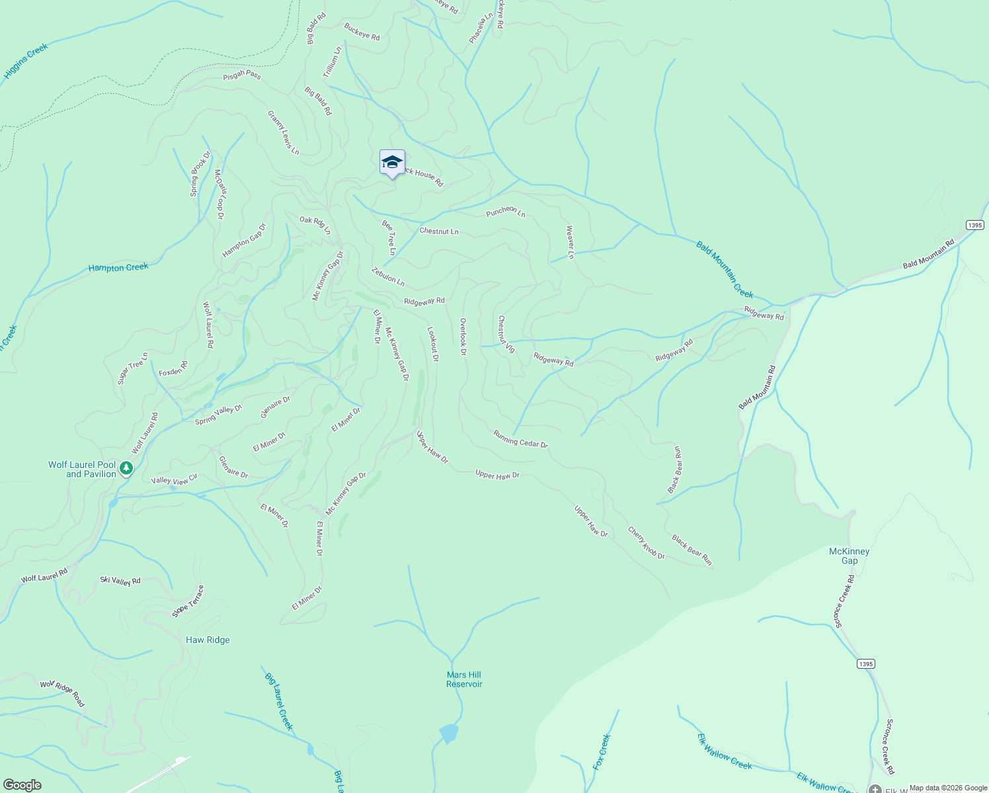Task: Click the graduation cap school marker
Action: (392, 163)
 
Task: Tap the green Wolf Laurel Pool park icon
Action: (127, 469)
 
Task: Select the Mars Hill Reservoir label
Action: (464, 679)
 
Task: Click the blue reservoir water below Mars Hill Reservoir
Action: (449, 733)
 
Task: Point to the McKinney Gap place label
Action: (849, 556)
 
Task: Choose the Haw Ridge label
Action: (208, 640)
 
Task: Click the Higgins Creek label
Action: (26, 61)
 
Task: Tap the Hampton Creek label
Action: (118, 268)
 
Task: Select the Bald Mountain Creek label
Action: (725, 270)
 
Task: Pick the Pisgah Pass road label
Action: (242, 75)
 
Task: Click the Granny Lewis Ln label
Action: (283, 132)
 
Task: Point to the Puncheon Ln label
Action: (505, 211)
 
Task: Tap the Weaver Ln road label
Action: (570, 242)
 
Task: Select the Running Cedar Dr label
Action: (520, 439)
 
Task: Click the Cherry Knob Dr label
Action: (646, 543)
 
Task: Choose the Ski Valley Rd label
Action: (120, 580)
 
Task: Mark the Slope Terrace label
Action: (188, 601)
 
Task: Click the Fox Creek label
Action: (602, 751)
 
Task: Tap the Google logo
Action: (22, 785)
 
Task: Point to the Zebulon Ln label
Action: (388, 276)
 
